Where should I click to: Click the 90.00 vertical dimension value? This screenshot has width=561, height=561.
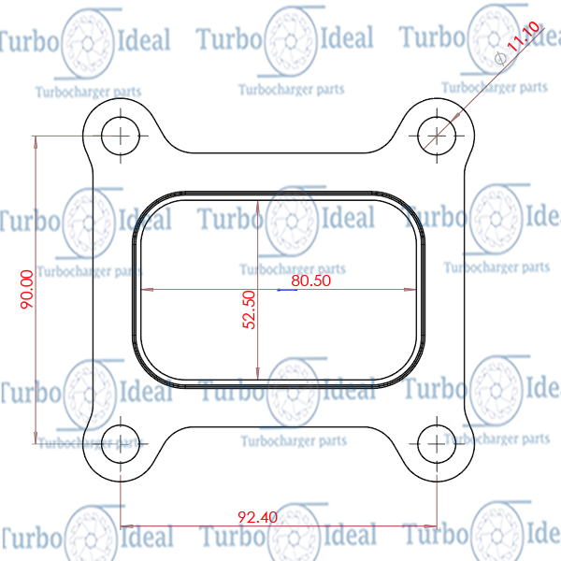coord(27,289)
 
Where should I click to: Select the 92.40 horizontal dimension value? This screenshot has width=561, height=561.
coord(257,517)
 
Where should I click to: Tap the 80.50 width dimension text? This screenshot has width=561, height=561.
coord(310,280)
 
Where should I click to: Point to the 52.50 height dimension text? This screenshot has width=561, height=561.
coord(249,309)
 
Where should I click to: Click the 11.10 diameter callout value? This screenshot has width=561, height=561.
coord(523,36)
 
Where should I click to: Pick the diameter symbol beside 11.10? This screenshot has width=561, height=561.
coord(500,58)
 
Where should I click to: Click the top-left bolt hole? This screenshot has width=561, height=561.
coord(121,136)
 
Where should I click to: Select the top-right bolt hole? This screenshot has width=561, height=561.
coord(437,136)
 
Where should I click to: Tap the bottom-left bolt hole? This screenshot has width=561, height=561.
coord(121,444)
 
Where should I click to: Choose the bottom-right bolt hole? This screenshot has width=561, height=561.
coord(437,444)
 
